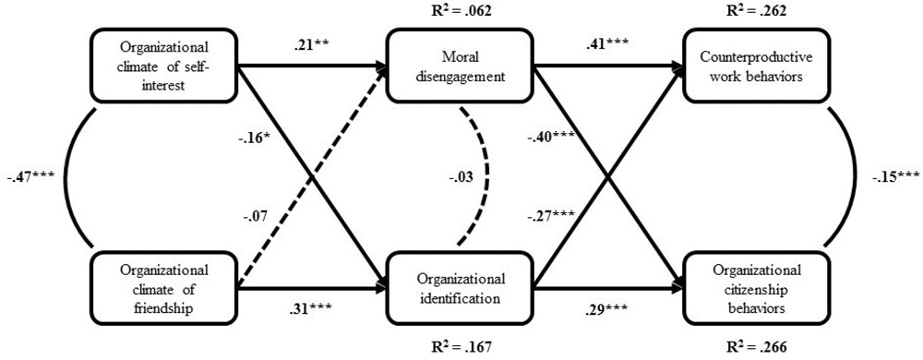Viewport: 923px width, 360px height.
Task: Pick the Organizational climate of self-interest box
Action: tap(163, 66)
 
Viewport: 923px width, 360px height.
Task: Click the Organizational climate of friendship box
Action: tap(163, 286)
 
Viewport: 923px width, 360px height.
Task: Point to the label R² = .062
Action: tap(461, 13)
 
